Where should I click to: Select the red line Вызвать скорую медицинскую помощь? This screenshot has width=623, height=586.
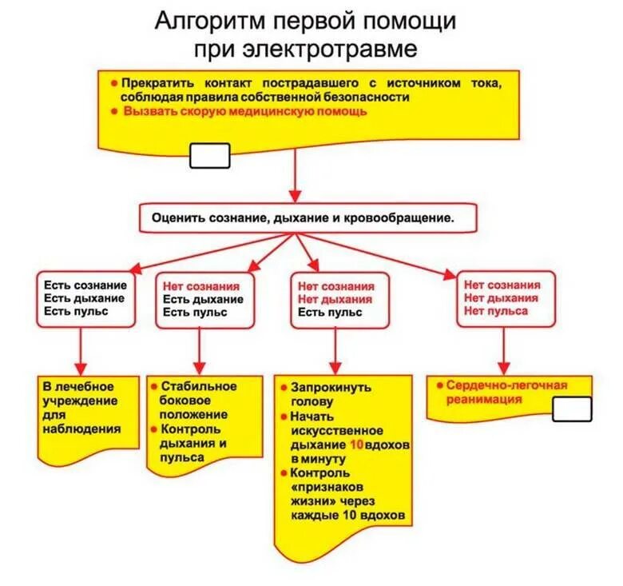click(x=245, y=112)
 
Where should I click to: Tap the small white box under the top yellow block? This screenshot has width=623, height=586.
click(x=209, y=156)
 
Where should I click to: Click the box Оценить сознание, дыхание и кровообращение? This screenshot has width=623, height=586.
click(x=308, y=217)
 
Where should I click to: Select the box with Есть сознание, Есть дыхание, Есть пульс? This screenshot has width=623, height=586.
click(x=85, y=298)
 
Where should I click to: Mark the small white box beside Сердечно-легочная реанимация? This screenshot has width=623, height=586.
click(x=572, y=409)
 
